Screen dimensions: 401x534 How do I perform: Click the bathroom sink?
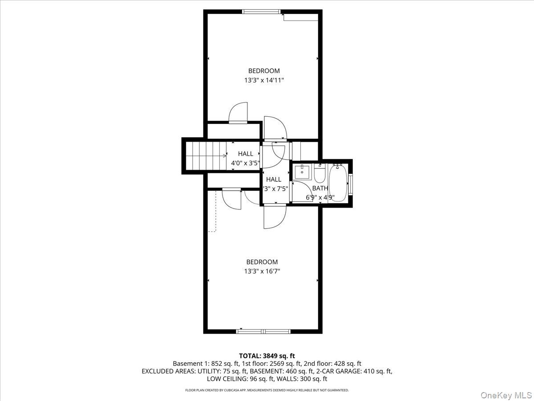[x=303, y=172]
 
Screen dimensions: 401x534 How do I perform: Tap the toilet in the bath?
[x=320, y=172]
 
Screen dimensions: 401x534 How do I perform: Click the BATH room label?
[x=320, y=188]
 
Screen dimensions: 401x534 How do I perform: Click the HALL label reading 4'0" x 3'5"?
[x=245, y=154]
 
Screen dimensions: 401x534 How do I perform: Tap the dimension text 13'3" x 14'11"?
[x=264, y=80]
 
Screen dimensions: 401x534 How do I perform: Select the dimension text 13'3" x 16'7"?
[x=262, y=271]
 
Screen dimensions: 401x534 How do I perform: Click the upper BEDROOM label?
[x=264, y=71]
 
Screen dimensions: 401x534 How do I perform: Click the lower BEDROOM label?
[x=262, y=262]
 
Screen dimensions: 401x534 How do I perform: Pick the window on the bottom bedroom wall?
[x=263, y=331]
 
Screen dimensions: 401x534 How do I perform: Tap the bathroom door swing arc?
[x=300, y=189]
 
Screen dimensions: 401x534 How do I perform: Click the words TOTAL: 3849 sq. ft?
[x=267, y=356]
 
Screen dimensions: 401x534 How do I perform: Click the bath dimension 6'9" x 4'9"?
[x=320, y=197]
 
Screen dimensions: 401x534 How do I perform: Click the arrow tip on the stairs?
[x=225, y=155]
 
